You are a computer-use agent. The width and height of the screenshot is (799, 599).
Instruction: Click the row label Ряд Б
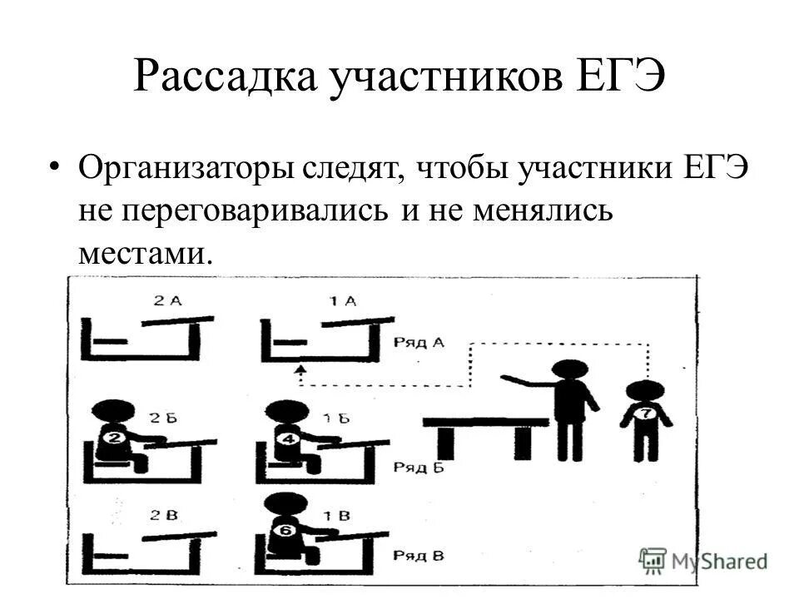click(x=420, y=467)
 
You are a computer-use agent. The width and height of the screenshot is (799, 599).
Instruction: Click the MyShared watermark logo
click(x=704, y=560)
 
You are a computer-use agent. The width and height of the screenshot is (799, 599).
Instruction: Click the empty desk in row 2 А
click(x=143, y=337)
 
